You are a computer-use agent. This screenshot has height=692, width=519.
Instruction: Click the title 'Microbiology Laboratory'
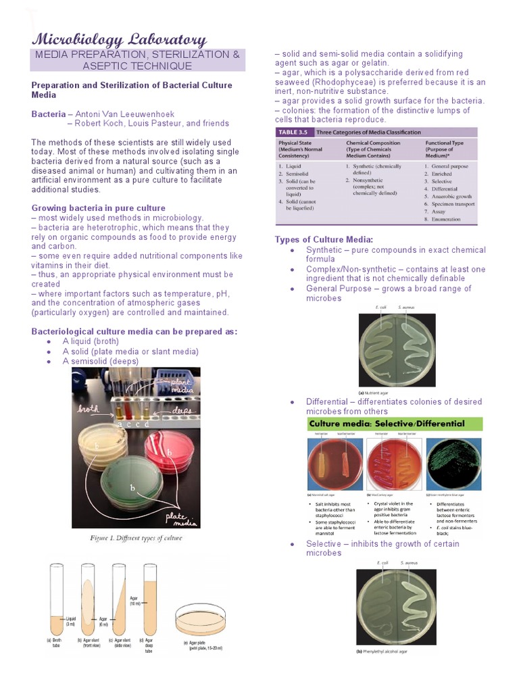point(119,40)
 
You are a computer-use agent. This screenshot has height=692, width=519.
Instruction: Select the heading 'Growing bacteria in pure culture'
point(98,208)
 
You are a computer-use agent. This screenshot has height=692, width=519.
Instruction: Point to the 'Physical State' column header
point(301,143)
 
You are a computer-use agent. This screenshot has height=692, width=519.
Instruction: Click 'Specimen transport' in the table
point(453,203)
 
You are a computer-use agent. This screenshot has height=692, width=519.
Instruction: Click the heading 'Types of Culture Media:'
point(324,240)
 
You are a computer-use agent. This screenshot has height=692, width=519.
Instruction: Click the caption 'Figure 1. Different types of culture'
point(136,539)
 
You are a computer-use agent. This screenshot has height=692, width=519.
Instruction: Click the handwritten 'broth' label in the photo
point(89,410)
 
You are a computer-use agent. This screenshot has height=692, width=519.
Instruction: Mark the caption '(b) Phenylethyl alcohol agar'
point(382,651)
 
